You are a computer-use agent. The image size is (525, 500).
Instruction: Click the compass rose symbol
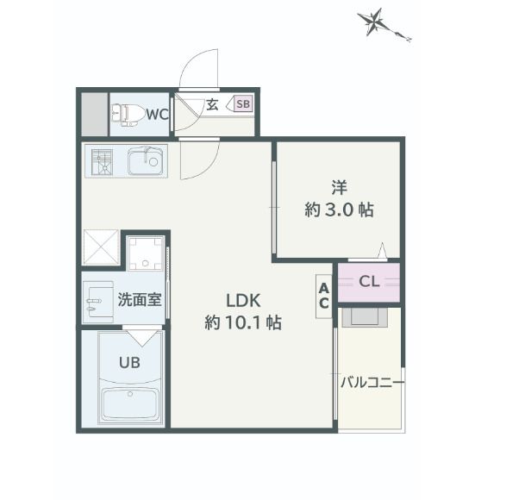(x=373, y=22)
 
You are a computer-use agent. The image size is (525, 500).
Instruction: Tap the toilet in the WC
(x=127, y=114)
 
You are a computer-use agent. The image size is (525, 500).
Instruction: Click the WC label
(x=156, y=114)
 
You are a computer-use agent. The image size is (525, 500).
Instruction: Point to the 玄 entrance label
(x=212, y=105)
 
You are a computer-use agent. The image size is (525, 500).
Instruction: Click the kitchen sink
(x=145, y=161)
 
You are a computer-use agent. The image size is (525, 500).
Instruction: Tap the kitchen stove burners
(x=103, y=161)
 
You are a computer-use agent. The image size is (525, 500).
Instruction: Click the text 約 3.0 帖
(x=339, y=209)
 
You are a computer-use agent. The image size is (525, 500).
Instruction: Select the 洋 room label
(x=339, y=185)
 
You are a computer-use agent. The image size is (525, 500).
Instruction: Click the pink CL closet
(x=369, y=281)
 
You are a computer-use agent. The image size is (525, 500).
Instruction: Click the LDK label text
(x=243, y=301)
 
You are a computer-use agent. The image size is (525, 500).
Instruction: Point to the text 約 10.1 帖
(x=243, y=323)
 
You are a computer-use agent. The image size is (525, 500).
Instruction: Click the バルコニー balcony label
(x=372, y=381)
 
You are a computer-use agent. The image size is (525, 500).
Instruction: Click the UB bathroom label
(x=130, y=362)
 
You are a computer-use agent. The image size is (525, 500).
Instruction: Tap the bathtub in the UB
(x=132, y=403)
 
